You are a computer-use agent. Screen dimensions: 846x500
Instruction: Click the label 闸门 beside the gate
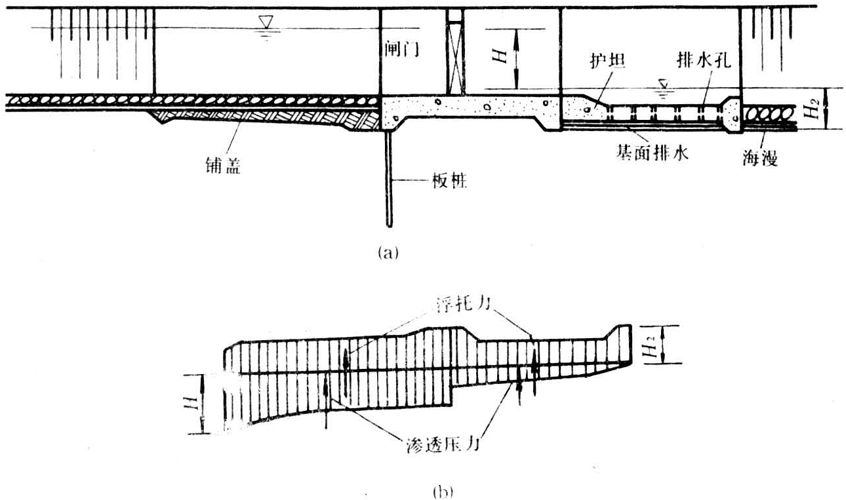402,48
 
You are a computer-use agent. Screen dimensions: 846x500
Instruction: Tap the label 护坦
608,60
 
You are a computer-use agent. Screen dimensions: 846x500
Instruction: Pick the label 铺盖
223,165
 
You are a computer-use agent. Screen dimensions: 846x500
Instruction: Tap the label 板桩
449,181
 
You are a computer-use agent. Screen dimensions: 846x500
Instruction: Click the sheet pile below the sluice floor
390,178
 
